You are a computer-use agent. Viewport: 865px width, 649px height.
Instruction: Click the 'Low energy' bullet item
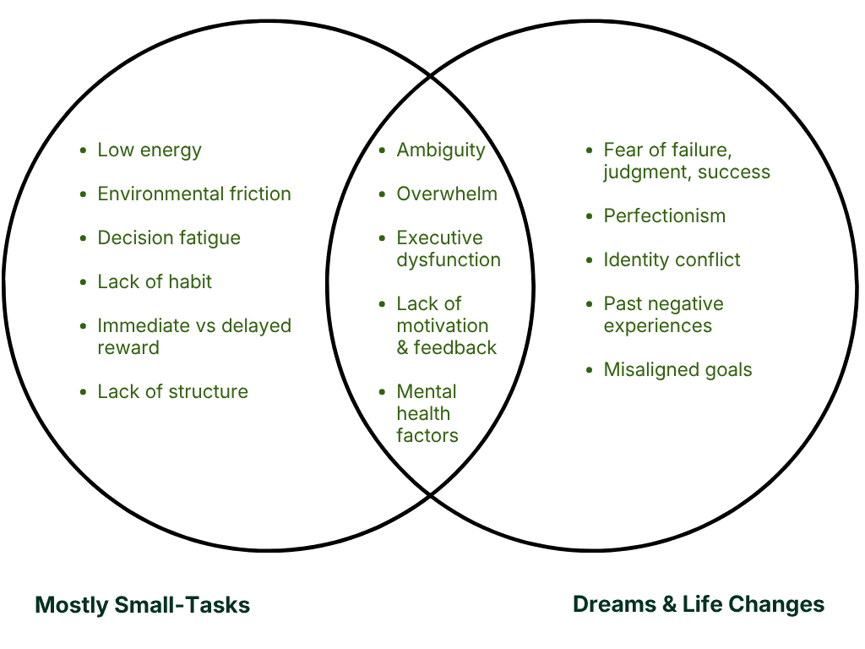[150, 150]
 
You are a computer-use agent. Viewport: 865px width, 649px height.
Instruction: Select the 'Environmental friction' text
[194, 194]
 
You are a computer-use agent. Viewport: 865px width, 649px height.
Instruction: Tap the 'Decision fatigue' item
[169, 238]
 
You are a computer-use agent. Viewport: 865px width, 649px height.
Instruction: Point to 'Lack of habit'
[155, 282]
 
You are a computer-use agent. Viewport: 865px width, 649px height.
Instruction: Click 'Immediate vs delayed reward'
[193, 336]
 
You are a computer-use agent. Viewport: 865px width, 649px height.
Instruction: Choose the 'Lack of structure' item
[173, 392]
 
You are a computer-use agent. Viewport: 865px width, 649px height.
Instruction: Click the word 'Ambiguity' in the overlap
[441, 150]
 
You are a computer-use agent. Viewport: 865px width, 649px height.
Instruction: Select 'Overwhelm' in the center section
[447, 194]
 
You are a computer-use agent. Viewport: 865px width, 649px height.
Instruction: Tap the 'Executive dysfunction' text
[448, 249]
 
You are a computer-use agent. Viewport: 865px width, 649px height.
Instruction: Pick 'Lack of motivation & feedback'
[446, 325]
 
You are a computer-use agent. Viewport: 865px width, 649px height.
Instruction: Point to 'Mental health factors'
[427, 413]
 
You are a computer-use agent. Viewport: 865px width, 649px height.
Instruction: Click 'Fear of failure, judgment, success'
[686, 161]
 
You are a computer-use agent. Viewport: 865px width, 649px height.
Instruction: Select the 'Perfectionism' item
[664, 216]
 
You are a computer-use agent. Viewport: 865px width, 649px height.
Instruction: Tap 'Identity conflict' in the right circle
[672, 260]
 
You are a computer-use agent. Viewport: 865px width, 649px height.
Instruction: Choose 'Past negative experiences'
[663, 314]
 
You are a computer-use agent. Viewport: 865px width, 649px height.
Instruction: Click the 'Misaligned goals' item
[677, 370]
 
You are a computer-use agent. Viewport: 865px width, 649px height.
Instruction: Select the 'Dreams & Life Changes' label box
[696, 604]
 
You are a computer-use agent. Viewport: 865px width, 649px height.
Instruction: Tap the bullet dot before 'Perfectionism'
[590, 216]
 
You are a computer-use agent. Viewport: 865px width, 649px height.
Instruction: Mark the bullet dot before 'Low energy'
[83, 150]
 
